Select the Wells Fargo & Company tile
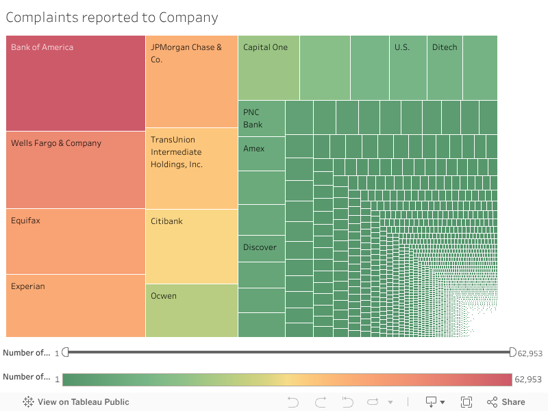pyautogui.click(x=75, y=171)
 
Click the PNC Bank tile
pyautogui.click(x=262, y=118)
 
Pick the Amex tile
pyautogui.click(x=262, y=153)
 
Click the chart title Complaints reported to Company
pyautogui.click(x=112, y=18)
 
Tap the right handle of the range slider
pyautogui.click(x=513, y=352)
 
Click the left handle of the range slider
pyautogui.click(x=66, y=352)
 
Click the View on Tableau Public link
pyautogui.click(x=76, y=402)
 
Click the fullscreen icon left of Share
pyautogui.click(x=466, y=402)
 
